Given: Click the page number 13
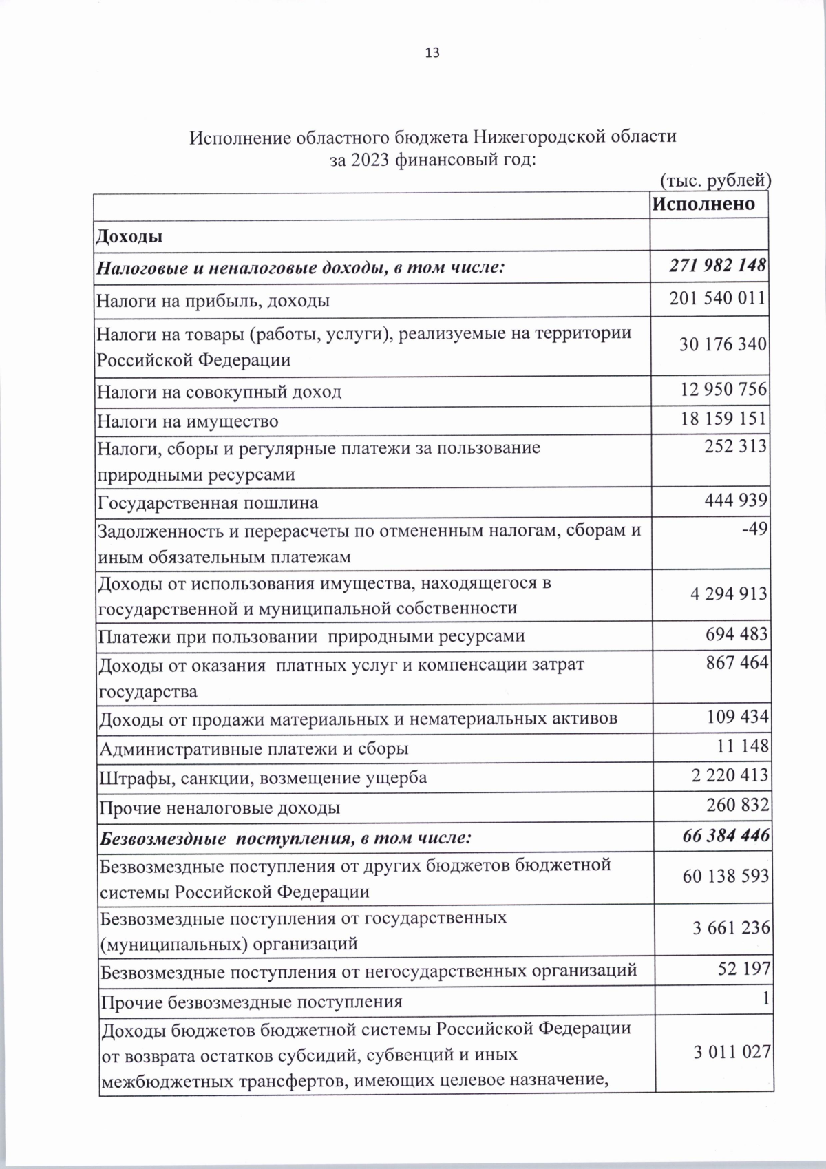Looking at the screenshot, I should click(432, 53).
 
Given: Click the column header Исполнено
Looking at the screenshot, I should click(703, 204).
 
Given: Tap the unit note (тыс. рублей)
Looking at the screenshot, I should click(714, 180).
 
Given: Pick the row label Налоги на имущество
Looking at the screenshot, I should click(187, 421).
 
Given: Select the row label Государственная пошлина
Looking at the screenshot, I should click(207, 503).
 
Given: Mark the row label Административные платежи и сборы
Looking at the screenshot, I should click(254, 748).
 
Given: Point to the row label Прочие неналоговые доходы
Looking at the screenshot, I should click(220, 808).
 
